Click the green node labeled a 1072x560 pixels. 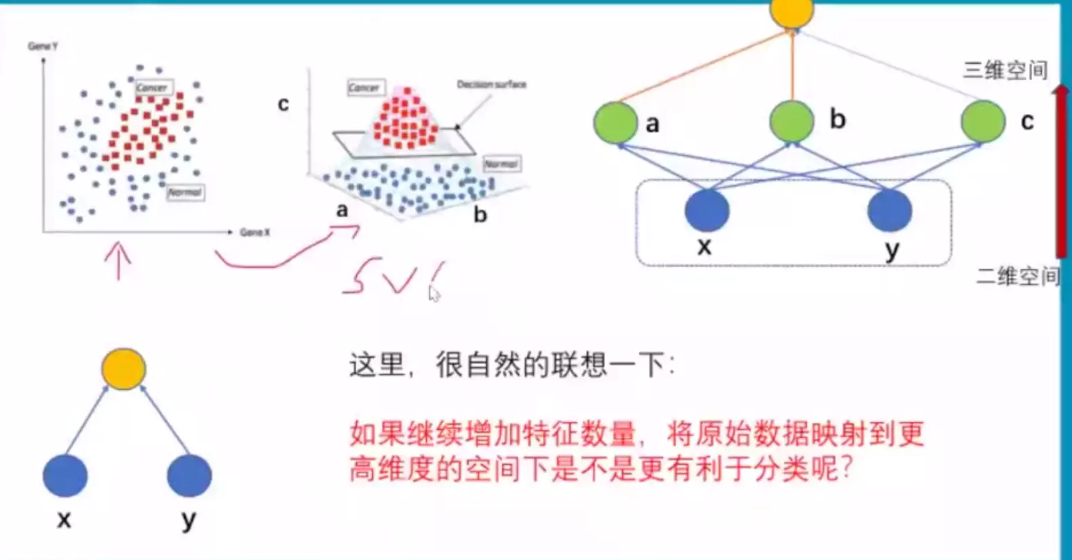[x=615, y=123]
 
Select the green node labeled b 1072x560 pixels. [x=791, y=121]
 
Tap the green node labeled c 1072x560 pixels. [x=982, y=121]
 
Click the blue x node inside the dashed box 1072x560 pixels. [x=707, y=210]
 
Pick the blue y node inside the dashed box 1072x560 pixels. [x=889, y=210]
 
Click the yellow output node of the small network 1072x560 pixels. [x=123, y=369]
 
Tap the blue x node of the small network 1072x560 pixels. [x=65, y=475]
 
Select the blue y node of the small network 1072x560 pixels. [x=189, y=475]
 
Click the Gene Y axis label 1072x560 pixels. [x=43, y=46]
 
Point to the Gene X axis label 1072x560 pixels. [x=254, y=233]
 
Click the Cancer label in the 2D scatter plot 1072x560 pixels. [x=151, y=87]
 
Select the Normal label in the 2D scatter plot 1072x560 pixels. [x=185, y=193]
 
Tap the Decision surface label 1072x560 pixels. [x=491, y=85]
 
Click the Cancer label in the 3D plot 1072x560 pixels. [x=364, y=87]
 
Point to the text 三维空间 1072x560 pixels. [x=1005, y=70]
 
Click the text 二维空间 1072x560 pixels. [x=1017, y=276]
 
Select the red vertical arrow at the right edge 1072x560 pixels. [x=1061, y=169]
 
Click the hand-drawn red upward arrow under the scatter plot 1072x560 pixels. [x=119, y=261]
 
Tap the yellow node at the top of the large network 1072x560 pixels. [x=792, y=12]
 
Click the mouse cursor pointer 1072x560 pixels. [x=434, y=294]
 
